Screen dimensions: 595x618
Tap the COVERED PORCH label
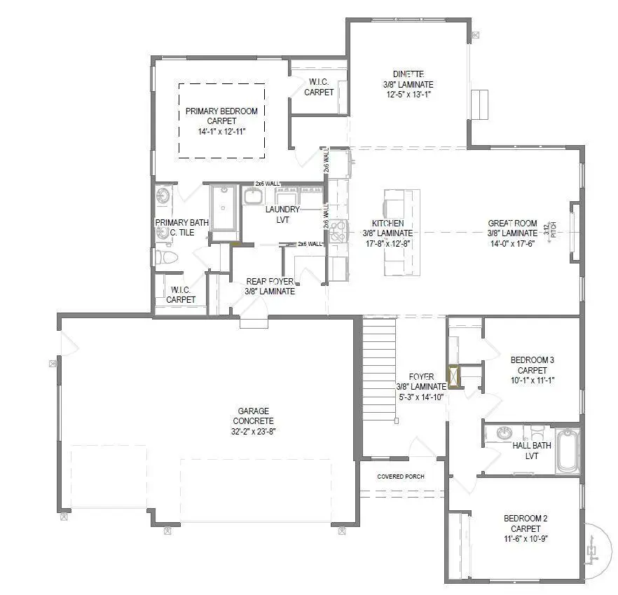coord(401,477)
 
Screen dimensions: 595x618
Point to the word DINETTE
coord(407,74)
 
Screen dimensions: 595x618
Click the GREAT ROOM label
coord(512,224)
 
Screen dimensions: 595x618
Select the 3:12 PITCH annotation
coord(549,230)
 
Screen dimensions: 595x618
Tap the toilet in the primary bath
coord(165,257)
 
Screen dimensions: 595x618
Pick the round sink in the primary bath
coord(163,196)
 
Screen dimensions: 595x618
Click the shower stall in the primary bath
coord(224,207)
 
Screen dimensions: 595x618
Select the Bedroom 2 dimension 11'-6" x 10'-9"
coord(525,539)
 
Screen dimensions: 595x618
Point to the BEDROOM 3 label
coord(532,360)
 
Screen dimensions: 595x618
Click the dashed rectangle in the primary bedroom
coord(221,121)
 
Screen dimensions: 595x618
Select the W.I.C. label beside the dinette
coord(319,82)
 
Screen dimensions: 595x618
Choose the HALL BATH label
coord(532,446)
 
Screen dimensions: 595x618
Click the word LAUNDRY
coord(282,210)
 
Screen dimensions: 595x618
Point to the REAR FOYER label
coord(270,282)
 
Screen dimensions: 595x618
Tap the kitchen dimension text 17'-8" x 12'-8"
coord(387,243)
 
